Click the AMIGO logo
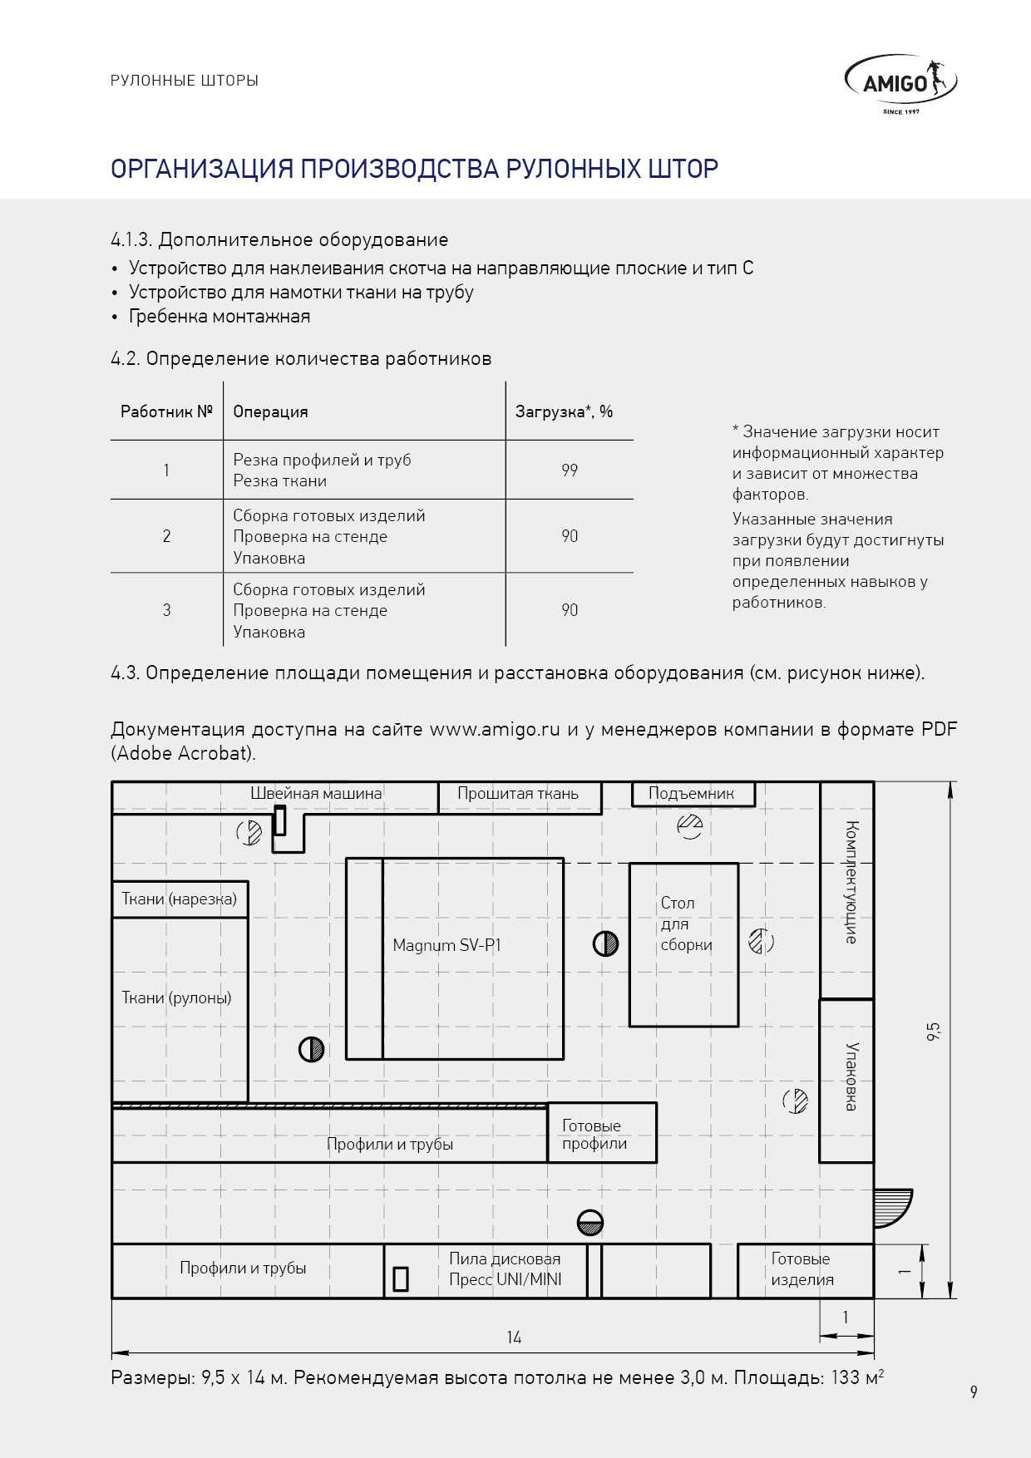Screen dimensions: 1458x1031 point(900,83)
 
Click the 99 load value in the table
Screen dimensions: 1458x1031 point(570,470)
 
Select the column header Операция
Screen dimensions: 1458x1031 point(270,412)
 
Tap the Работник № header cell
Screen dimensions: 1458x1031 point(166,412)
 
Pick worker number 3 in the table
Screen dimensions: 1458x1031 point(166,610)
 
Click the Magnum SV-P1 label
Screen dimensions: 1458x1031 point(446,945)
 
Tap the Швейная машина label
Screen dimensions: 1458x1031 point(316,794)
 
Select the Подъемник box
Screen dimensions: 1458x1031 point(692,794)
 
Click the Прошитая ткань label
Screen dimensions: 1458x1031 point(518,794)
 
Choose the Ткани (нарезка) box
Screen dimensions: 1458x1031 point(179,899)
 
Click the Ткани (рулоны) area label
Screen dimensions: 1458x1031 point(176,997)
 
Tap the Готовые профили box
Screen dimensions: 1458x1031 point(602,1134)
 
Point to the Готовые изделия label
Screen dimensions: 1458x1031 point(802,1269)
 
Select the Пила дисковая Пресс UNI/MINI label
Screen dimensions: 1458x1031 point(505,1269)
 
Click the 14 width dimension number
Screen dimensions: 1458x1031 point(514,1337)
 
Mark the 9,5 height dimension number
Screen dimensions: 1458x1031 point(933,1031)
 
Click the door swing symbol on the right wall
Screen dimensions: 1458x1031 point(892,1208)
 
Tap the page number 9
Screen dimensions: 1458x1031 point(974,1392)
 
